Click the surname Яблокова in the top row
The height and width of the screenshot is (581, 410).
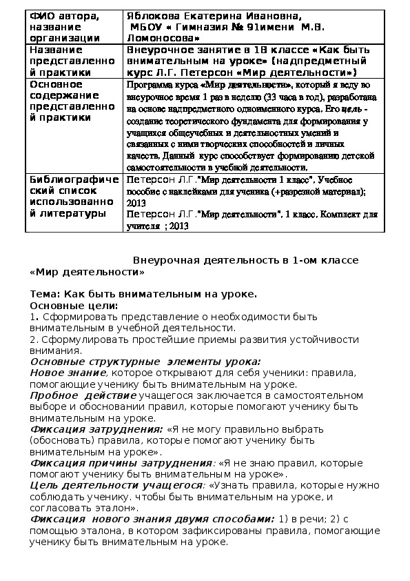pos(152,15)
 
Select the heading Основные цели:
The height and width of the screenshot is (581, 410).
pos(74,305)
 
